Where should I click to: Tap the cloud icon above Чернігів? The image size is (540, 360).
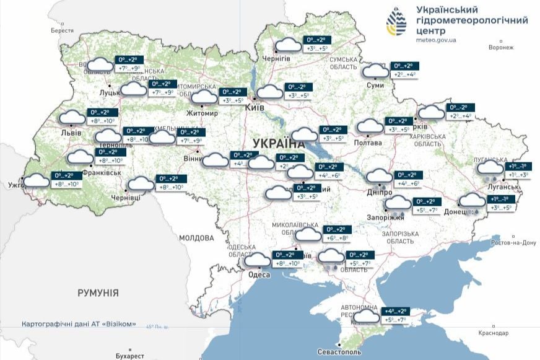pos(288,45)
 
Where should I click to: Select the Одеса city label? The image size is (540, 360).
pos(259,275)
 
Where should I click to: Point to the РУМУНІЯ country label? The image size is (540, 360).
pos(98,292)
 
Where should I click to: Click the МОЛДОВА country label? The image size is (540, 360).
pos(196,238)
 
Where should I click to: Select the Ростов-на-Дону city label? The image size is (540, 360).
pos(513,242)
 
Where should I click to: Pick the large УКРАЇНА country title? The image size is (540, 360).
pos(280,143)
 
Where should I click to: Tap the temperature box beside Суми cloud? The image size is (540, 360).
pos(405,70)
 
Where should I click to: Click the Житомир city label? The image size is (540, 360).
pos(202,113)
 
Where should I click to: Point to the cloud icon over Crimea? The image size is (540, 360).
pos(367,316)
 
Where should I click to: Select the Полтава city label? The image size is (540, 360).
pos(368,143)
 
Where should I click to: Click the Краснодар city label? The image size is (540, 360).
pos(494,333)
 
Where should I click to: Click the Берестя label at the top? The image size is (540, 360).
pos(62,30)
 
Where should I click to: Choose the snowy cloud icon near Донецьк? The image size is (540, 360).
pos(472,201)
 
